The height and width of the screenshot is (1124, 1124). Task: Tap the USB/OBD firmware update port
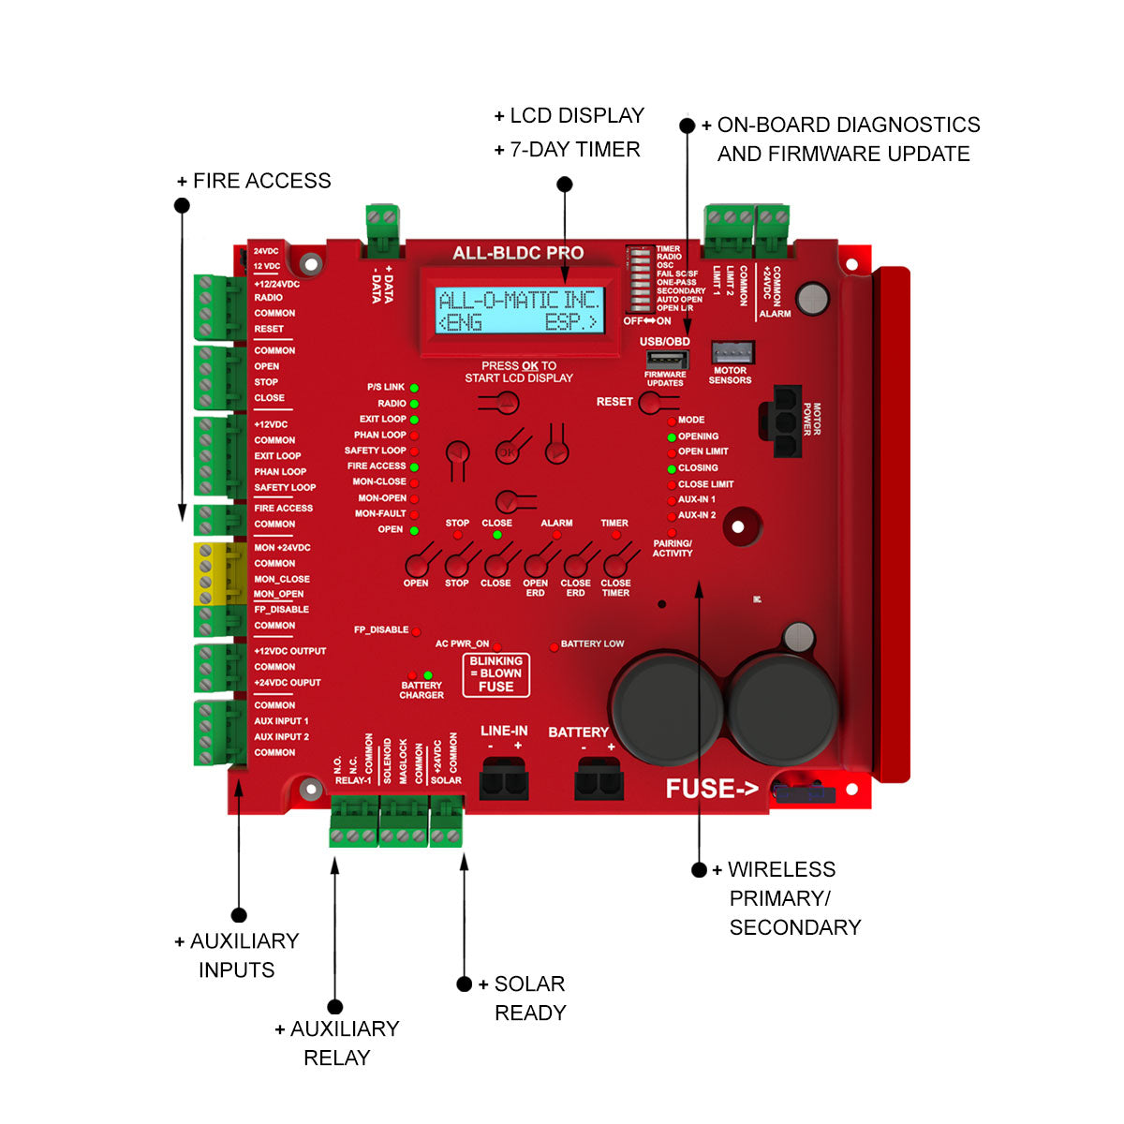(x=664, y=360)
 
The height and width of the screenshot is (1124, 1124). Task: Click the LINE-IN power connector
(x=503, y=778)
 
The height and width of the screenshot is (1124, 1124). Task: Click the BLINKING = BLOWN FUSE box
(x=495, y=674)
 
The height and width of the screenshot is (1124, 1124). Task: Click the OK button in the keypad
(x=507, y=451)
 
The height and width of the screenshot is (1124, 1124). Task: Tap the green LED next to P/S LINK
(x=414, y=388)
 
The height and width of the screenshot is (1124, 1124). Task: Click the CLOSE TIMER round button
(x=614, y=565)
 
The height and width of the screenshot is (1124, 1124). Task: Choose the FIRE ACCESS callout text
(x=261, y=181)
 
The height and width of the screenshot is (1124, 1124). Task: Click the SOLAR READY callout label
(x=529, y=998)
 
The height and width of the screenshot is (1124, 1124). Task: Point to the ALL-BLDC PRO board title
(x=518, y=253)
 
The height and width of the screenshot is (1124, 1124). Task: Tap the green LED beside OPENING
(x=672, y=437)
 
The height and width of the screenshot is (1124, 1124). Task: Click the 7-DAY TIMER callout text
(x=574, y=150)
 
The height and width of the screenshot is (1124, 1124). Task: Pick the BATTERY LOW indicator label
(x=592, y=644)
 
